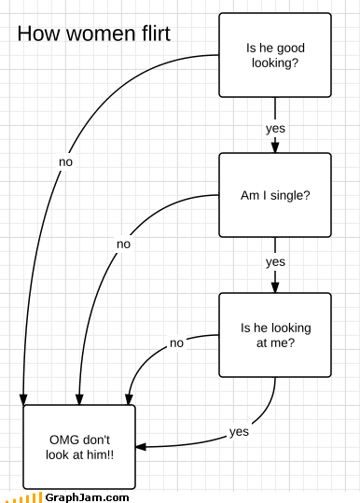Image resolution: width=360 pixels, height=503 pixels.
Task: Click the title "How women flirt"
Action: point(94,34)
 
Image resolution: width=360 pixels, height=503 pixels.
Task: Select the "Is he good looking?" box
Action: point(275,55)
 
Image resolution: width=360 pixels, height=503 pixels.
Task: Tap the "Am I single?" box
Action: point(275,195)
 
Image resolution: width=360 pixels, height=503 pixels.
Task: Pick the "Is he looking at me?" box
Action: point(275,335)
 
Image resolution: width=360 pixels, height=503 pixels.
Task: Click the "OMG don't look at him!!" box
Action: point(79,447)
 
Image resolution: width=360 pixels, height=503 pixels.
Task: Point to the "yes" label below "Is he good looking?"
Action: point(275,129)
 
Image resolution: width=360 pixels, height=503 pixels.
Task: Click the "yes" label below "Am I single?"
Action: point(275,262)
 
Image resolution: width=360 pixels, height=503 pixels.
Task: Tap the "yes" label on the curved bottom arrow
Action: point(239,432)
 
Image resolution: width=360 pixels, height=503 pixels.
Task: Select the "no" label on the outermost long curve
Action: point(65,162)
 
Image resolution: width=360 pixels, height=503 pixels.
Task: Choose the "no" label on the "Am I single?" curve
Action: point(123,245)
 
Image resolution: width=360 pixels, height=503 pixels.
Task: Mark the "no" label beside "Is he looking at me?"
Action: point(176,342)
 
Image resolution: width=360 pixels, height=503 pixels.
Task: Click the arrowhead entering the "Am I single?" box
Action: point(275,147)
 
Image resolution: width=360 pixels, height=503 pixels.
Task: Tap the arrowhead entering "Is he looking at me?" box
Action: point(275,287)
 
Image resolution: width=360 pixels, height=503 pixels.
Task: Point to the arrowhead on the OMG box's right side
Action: point(141,446)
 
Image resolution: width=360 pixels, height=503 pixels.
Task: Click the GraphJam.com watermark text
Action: point(87,497)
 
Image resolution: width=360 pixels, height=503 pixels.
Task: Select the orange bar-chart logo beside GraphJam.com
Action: point(24,498)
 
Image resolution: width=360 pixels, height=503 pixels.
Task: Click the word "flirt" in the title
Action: point(156,34)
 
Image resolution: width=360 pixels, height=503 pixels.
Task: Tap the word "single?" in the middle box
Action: point(290,195)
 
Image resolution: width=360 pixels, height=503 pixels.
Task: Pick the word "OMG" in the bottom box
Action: point(62,440)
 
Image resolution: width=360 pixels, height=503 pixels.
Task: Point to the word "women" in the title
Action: point(100,34)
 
